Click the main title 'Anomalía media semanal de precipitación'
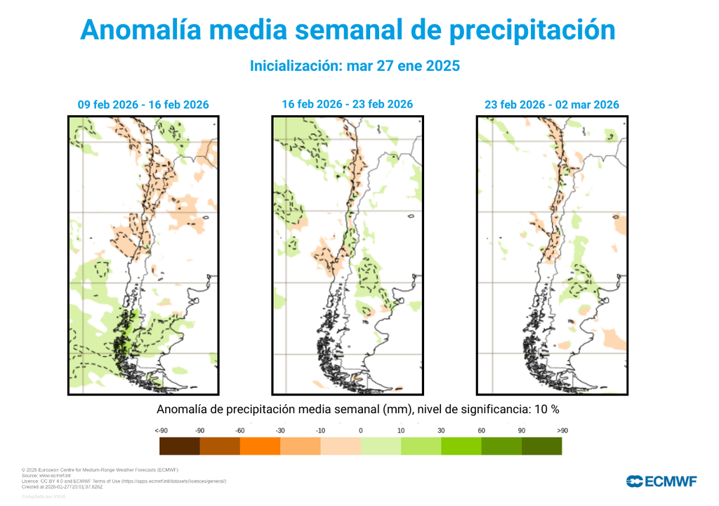pos(348,30)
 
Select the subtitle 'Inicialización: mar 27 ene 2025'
pos(355,65)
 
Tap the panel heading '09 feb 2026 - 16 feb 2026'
pos(143,105)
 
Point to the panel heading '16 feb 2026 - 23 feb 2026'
pos(347,104)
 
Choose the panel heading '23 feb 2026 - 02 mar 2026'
pos(551,105)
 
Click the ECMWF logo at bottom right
pos(661,481)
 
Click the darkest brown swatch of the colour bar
pos(180,446)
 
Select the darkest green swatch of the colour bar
pos(541,446)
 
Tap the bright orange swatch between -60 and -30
pos(260,446)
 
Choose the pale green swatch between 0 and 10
pos(381,446)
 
